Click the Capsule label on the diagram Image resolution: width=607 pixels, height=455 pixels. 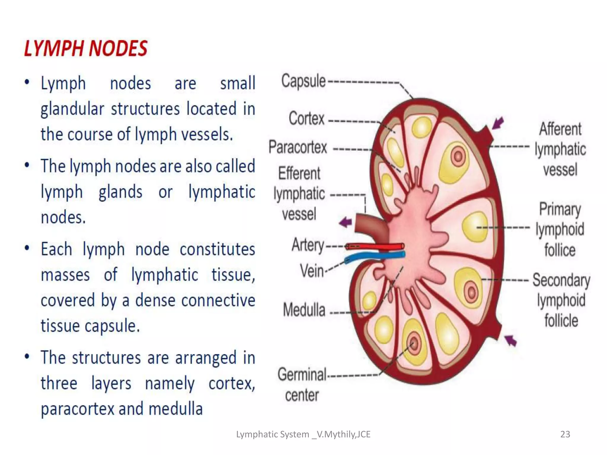[303, 81]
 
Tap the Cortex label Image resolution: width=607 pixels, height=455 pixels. [306, 118]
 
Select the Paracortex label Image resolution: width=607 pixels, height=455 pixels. [298, 147]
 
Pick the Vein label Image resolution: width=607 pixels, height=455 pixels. [312, 271]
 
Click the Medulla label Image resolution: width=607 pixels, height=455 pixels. [304, 310]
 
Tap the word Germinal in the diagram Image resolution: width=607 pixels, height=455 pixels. [302, 374]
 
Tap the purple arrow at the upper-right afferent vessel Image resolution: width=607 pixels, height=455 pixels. [498, 123]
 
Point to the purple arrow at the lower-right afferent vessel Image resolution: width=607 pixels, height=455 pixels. [510, 340]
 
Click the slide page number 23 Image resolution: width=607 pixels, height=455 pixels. [565, 434]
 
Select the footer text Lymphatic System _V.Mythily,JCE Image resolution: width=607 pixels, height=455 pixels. [303, 434]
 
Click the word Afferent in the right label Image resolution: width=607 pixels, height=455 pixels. [560, 129]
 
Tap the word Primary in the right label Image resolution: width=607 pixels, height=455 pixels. [560, 209]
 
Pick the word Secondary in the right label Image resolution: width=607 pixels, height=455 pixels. [561, 280]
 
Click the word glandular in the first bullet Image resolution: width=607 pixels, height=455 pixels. [72, 109]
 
